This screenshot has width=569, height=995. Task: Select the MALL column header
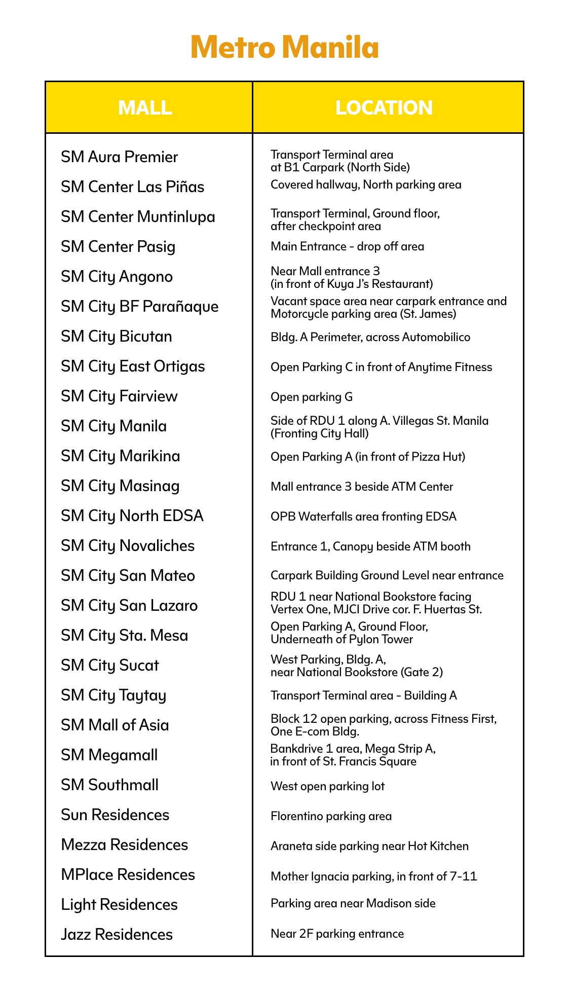[145, 107]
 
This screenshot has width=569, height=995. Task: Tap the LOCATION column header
[384, 107]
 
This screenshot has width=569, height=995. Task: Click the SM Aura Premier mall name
[120, 157]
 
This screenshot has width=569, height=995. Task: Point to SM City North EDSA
[132, 516]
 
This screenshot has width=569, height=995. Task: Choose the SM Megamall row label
[109, 755]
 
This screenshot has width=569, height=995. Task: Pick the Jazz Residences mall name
[117, 935]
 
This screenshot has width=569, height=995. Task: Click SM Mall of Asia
[115, 725]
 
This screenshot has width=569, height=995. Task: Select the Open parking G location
[312, 397]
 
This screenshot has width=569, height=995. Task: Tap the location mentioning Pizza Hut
[368, 457]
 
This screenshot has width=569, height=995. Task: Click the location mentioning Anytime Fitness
[381, 367]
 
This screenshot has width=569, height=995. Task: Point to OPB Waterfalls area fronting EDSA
[363, 517]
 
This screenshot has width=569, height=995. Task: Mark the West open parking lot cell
[328, 786]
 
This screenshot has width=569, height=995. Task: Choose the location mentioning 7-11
[374, 876]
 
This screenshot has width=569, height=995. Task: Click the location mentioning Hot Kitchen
[369, 846]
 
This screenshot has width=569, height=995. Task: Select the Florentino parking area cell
[331, 816]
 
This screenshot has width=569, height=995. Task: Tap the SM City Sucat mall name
[110, 666]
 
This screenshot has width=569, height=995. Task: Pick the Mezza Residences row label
[125, 845]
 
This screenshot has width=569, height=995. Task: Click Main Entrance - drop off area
[347, 247]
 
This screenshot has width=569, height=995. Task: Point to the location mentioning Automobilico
[370, 337]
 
